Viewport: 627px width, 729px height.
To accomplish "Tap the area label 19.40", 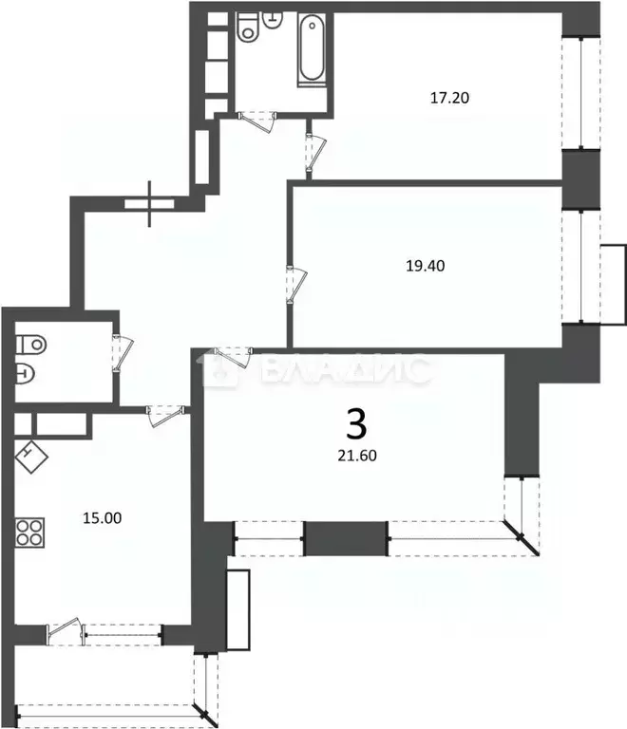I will point(425,266).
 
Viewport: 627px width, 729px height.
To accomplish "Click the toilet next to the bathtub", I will point(249,28).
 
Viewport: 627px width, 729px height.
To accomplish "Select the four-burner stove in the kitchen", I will point(30,531).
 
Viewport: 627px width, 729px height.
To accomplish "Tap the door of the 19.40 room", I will point(295,284).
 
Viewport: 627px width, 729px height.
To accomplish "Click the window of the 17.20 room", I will point(580,92).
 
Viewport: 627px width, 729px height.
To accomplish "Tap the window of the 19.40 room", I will point(580,266).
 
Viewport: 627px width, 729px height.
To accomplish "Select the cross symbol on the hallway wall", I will point(151,204).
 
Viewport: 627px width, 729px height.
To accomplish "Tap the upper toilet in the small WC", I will point(28,341).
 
